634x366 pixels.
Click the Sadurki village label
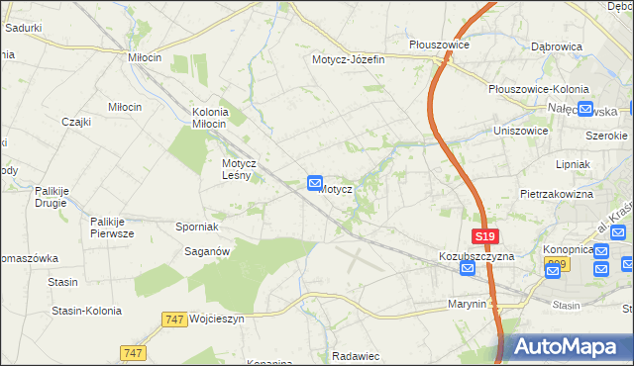tap(23, 28)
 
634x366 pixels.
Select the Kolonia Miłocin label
tap(210, 118)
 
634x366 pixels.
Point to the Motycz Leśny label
tap(240, 169)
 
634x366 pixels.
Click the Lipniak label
tap(574, 163)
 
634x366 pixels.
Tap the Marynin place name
tap(467, 304)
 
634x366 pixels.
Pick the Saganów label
tap(208, 251)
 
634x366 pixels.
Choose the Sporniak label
tap(197, 227)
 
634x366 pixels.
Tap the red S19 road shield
tap(484, 237)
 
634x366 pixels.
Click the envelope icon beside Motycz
tap(315, 183)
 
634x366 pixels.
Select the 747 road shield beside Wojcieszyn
tap(174, 320)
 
